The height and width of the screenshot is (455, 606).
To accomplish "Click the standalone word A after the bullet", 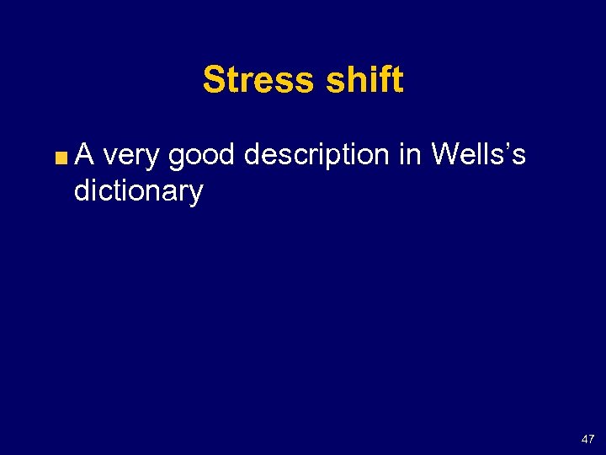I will (x=85, y=154).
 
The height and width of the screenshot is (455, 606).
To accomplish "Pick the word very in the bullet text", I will (x=132, y=156).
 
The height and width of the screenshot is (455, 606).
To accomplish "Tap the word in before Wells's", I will (x=412, y=154).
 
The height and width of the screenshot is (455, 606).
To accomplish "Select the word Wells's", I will (x=478, y=154).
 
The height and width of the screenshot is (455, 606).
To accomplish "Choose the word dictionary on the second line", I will (x=138, y=191).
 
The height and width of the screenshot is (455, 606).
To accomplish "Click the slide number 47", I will (x=587, y=439).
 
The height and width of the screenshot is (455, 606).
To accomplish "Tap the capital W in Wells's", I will (x=444, y=154).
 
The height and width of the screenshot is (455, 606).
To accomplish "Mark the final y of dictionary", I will (x=196, y=194).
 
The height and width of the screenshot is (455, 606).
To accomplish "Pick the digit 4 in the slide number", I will (x=583, y=439).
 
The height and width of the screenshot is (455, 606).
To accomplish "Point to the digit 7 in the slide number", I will (x=590, y=439).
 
